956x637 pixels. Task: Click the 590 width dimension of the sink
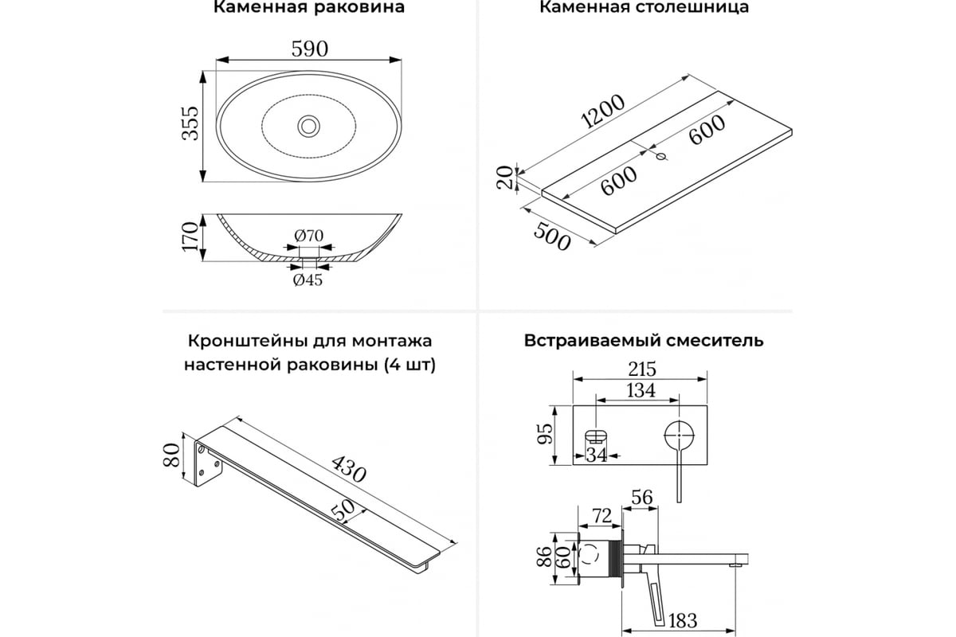coord(309,49)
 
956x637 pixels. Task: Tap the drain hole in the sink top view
coord(308,126)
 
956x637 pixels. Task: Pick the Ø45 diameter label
coord(308,279)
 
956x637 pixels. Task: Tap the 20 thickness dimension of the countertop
coord(503,178)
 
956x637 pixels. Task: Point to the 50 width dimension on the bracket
coord(343,510)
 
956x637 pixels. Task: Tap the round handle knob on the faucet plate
coord(679,436)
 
